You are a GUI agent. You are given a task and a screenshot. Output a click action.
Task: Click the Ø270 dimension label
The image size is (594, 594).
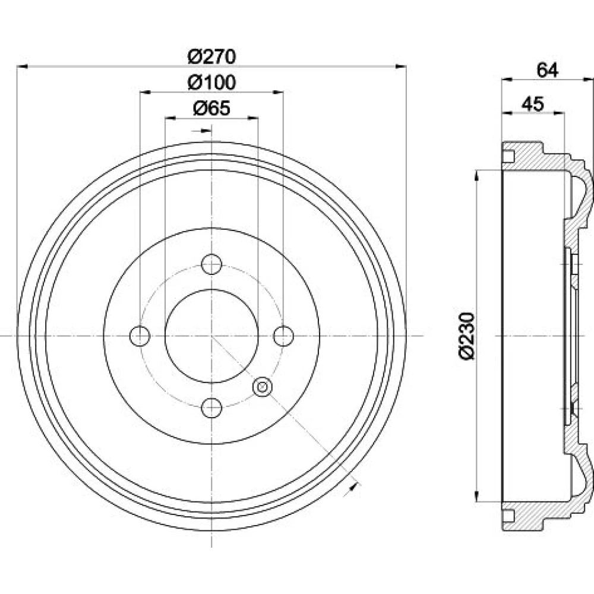click(212, 57)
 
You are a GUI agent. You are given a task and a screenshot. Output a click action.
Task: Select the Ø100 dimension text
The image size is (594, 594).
click(212, 83)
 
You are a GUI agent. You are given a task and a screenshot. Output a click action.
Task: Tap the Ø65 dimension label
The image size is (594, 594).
click(212, 109)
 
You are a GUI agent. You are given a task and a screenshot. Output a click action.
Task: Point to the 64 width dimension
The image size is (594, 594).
click(548, 70)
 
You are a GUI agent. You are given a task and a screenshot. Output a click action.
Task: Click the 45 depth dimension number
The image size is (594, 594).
click(533, 103)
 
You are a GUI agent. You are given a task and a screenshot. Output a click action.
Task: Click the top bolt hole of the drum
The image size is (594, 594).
click(211, 264)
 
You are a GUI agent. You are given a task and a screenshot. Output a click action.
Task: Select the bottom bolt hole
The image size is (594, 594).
click(211, 407)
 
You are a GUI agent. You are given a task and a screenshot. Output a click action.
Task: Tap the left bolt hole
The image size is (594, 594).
click(140, 336)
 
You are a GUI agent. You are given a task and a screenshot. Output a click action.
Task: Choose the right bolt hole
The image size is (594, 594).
click(283, 336)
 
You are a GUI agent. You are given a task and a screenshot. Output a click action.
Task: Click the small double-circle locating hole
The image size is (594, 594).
click(262, 387)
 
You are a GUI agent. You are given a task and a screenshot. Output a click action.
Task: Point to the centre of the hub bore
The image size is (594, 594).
click(211, 336)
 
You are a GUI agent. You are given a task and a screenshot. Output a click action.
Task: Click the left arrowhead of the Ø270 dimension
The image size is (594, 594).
click(23, 67)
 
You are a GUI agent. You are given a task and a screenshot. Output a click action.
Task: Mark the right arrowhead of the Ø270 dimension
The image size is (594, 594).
click(400, 67)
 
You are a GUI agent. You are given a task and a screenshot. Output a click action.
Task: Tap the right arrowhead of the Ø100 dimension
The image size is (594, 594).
click(278, 92)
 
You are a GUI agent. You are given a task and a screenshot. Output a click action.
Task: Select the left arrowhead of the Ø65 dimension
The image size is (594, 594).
click(170, 118)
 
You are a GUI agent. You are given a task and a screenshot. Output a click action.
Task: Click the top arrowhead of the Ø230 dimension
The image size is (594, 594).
click(477, 176)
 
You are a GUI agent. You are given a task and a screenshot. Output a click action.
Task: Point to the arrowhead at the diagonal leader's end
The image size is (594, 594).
click(353, 487)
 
